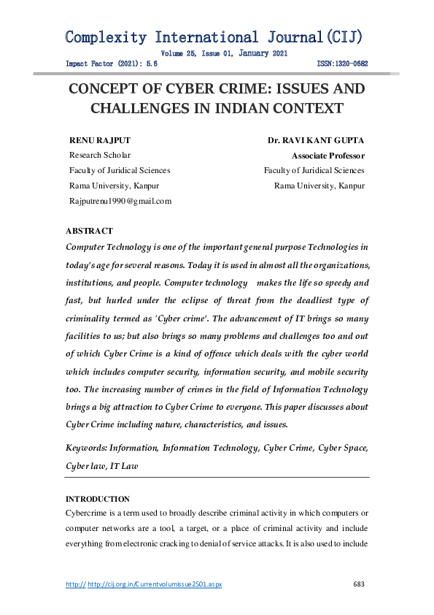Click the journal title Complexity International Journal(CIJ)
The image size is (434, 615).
(x=214, y=37)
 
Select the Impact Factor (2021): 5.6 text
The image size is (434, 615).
(x=112, y=64)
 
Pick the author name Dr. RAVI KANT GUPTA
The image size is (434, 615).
(x=316, y=140)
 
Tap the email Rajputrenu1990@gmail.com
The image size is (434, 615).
(x=120, y=201)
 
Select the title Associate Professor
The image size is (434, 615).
(x=328, y=156)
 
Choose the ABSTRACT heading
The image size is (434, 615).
(x=89, y=231)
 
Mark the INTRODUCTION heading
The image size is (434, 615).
(x=98, y=499)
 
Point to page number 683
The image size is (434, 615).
(x=358, y=584)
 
